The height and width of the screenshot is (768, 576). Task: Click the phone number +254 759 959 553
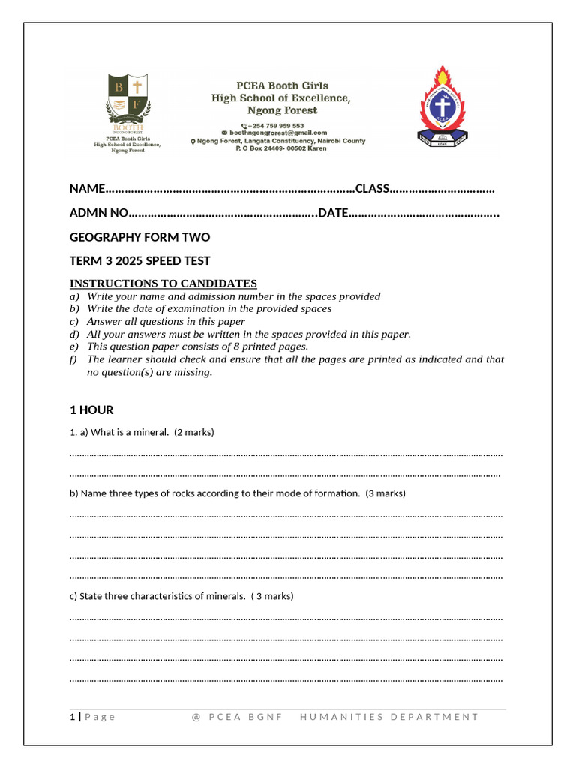tap(276, 125)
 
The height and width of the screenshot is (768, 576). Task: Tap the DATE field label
tap(333, 213)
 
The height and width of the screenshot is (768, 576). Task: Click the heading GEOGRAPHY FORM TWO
tap(139, 237)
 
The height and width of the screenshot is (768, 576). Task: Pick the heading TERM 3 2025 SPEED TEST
tap(139, 261)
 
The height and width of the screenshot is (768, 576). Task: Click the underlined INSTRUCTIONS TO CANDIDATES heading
tap(163, 283)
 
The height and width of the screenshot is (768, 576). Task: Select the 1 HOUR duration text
tap(91, 409)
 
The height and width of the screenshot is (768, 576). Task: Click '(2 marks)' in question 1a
tap(193, 432)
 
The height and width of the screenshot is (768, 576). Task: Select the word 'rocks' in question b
tap(177, 493)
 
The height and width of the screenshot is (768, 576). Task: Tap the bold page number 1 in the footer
tap(72, 717)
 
